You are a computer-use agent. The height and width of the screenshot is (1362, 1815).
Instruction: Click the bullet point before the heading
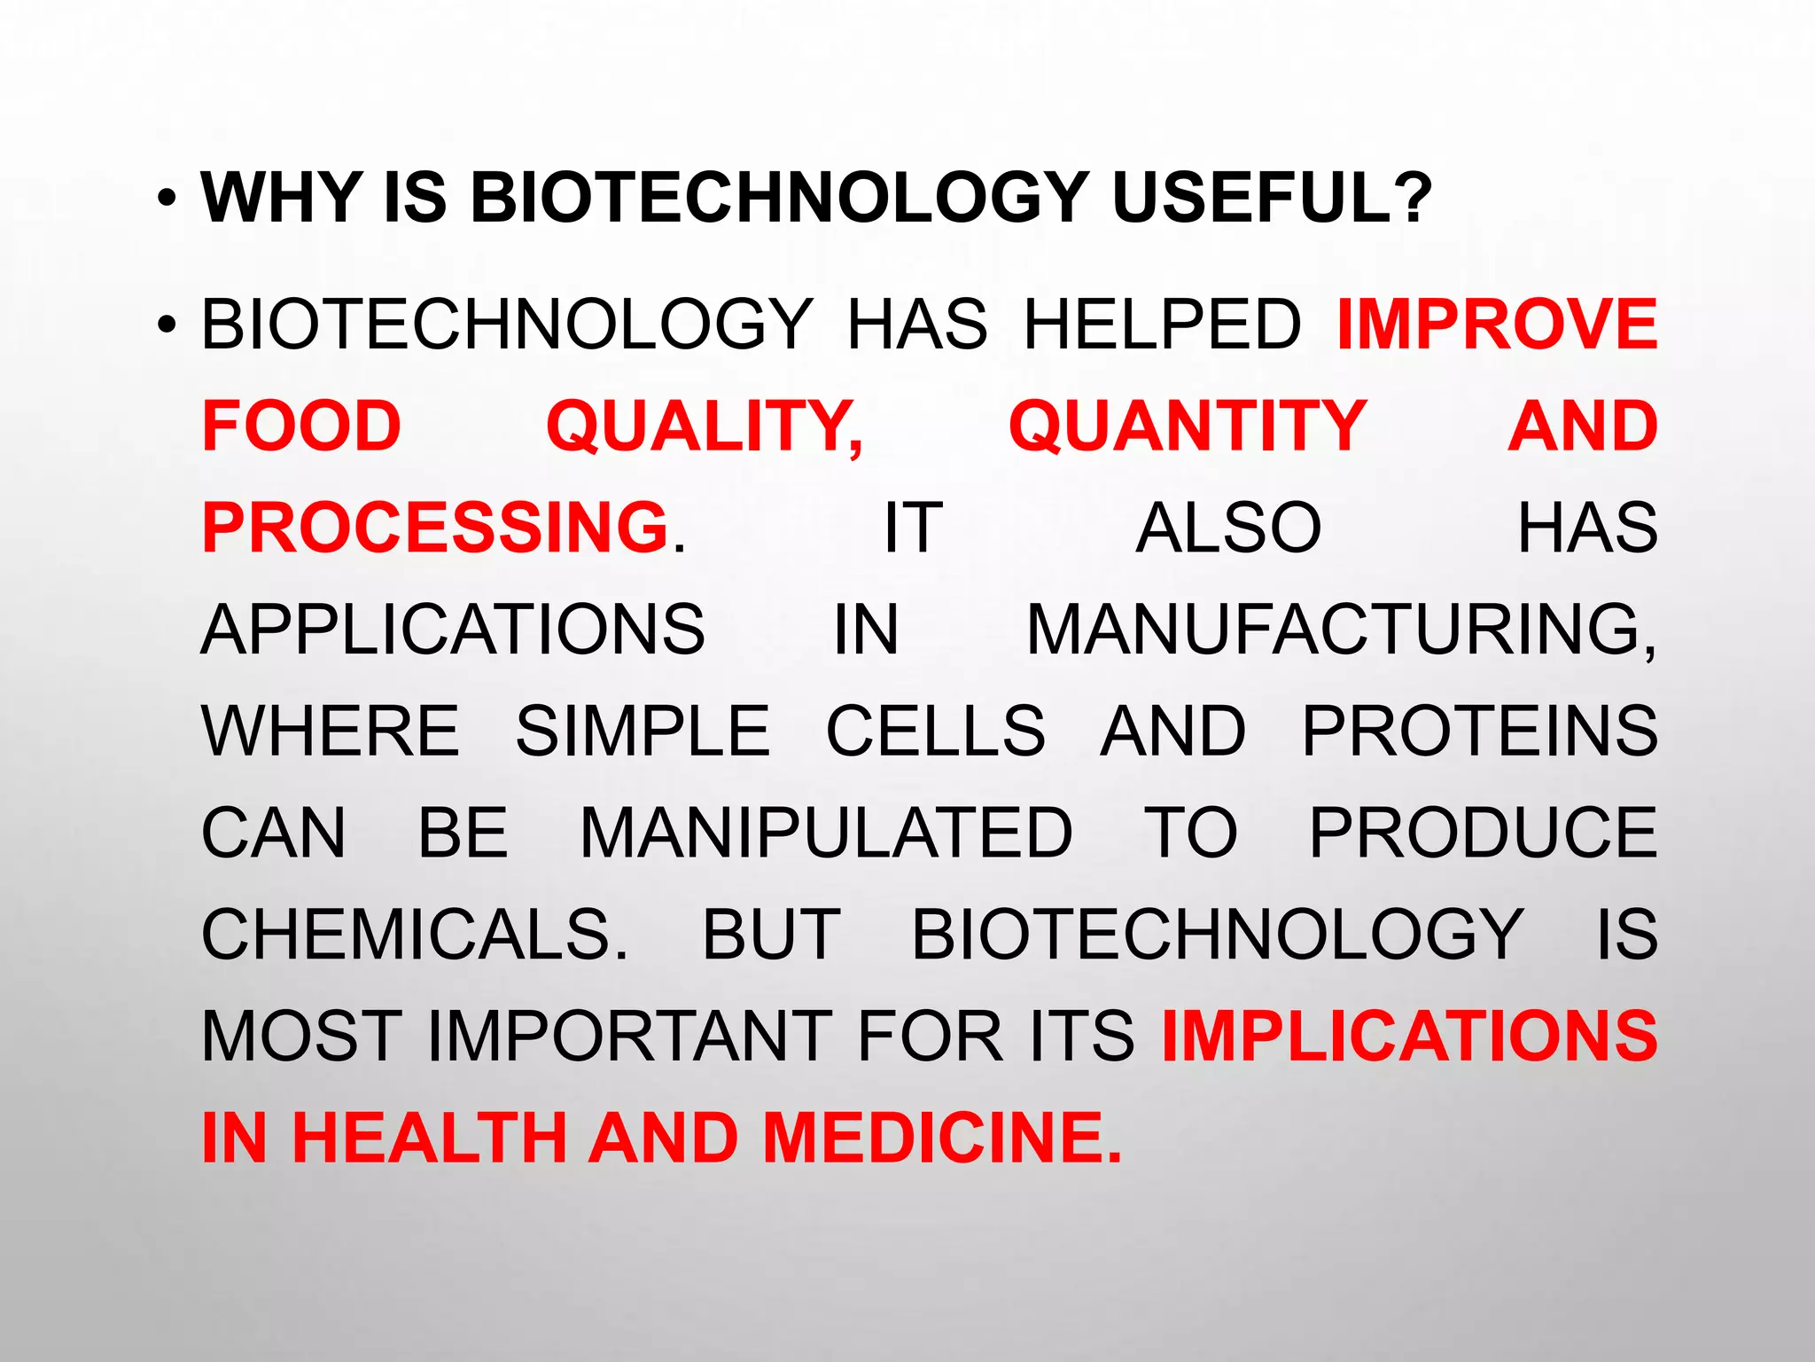coord(166,199)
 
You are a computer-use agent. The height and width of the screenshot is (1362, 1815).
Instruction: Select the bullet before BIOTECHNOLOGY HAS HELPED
coord(166,326)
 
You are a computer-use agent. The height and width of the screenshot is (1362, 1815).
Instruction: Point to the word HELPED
coord(1162,324)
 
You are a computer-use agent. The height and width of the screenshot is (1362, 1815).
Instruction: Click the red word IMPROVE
coord(1497,324)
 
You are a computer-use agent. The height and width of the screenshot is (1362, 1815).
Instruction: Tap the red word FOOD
coord(301,426)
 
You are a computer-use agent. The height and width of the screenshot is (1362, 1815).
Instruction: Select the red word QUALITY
coord(704,427)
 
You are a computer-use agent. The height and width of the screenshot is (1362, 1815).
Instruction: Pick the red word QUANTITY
coord(1187,427)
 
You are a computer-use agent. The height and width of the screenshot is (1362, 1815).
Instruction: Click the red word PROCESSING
coord(435,528)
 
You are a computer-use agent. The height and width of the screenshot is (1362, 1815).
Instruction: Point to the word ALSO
coord(1228,528)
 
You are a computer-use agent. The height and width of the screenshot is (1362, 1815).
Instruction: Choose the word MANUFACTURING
coord(1341,630)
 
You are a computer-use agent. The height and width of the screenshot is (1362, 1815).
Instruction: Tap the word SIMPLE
coord(643,731)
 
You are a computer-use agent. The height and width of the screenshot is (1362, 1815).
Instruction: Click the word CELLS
coord(936,731)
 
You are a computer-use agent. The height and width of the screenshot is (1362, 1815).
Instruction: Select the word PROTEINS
coord(1479,731)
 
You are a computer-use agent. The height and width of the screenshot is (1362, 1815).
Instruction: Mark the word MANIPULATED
coord(826,833)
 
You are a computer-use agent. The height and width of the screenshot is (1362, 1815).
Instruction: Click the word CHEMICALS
coord(414,935)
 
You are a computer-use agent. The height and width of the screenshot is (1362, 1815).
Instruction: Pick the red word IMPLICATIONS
coord(1409,1036)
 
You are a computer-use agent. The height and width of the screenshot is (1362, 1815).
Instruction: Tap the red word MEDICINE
coord(941,1138)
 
